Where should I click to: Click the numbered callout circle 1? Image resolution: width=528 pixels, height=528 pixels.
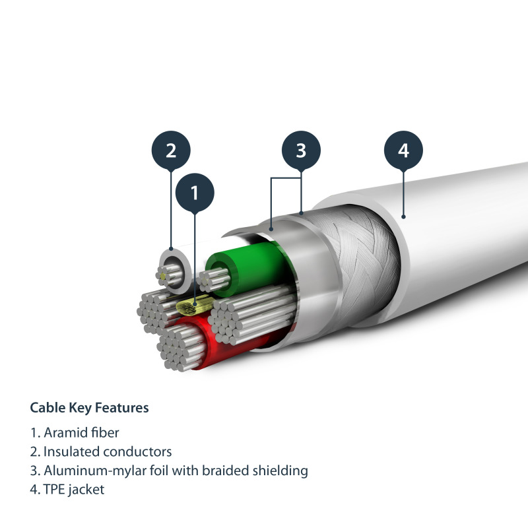195,192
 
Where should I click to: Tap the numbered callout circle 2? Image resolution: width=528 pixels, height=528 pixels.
171,150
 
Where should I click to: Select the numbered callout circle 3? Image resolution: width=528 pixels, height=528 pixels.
301,150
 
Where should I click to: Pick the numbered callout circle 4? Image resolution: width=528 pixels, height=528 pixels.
403,150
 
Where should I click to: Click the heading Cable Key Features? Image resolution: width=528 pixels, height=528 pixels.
89,408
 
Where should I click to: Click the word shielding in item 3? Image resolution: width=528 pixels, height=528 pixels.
282,471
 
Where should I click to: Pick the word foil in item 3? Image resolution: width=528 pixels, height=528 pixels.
150,471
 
